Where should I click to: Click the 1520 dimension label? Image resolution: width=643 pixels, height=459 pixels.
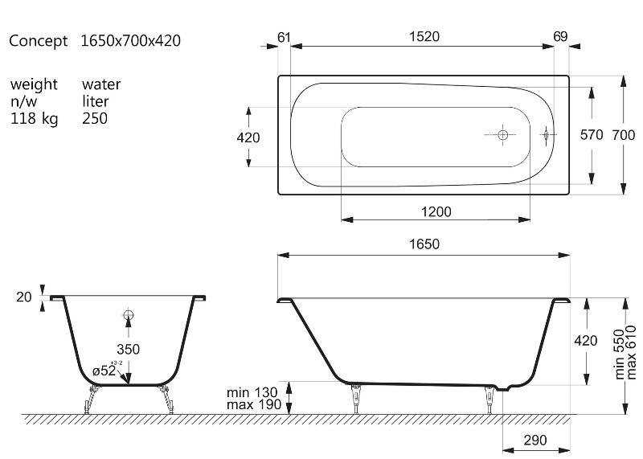click(x=424, y=36)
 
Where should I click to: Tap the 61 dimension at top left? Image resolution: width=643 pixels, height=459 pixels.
click(x=284, y=37)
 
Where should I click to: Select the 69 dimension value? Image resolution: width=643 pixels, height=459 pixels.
click(x=560, y=36)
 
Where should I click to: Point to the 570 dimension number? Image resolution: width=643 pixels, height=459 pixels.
click(x=592, y=134)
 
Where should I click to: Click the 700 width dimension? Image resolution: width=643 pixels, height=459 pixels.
click(x=624, y=134)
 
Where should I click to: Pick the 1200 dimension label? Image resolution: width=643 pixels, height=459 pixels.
click(x=436, y=211)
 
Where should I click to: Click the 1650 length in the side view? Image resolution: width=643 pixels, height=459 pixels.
click(x=424, y=244)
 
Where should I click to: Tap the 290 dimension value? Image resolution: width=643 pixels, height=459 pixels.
click(x=535, y=441)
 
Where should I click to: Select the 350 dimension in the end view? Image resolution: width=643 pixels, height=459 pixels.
click(x=128, y=349)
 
